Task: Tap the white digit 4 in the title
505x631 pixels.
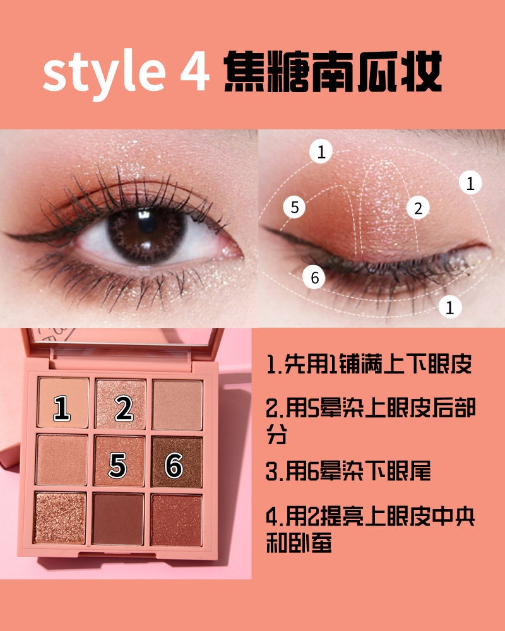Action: pyautogui.click(x=195, y=71)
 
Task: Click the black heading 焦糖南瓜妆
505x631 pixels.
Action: pyautogui.click(x=333, y=72)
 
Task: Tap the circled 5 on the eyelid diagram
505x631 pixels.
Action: pyautogui.click(x=295, y=207)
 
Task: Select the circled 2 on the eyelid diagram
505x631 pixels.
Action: pyautogui.click(x=418, y=208)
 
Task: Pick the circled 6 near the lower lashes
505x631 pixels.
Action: pyautogui.click(x=314, y=277)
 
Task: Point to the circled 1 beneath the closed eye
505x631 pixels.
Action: pyautogui.click(x=450, y=308)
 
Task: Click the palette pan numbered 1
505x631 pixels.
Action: pyautogui.click(x=63, y=403)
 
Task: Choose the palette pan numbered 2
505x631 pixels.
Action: pyautogui.click(x=121, y=404)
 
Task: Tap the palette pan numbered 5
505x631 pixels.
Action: pyautogui.click(x=119, y=461)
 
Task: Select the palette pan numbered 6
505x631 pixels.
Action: pyautogui.click(x=177, y=462)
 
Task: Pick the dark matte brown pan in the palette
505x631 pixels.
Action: pyautogui.click(x=118, y=519)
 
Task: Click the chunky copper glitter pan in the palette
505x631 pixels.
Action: pyautogui.click(x=60, y=518)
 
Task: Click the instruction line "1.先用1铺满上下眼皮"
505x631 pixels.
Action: pyautogui.click(x=369, y=364)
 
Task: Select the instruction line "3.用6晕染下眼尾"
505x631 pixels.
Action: pyautogui.click(x=348, y=471)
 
